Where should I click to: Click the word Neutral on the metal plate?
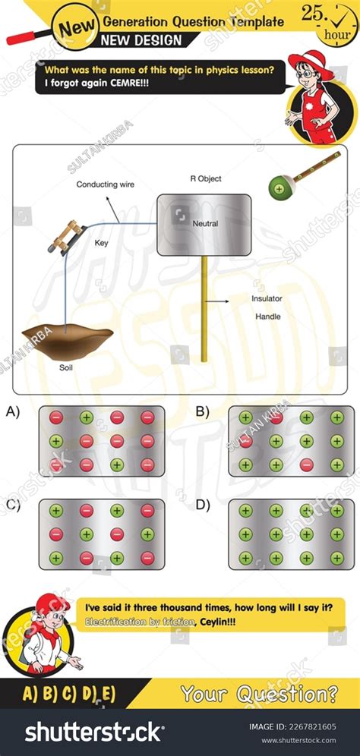[205, 224]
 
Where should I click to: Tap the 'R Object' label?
[206, 179]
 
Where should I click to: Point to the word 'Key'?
[101, 243]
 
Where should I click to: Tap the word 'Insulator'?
[267, 299]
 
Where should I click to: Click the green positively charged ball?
[279, 187]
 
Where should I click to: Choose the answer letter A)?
[13, 413]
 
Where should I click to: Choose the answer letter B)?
[203, 413]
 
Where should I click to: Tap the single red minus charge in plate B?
[306, 465]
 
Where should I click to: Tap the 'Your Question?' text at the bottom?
[259, 693]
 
